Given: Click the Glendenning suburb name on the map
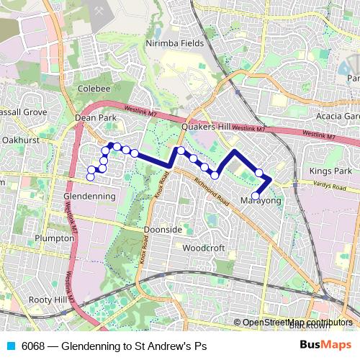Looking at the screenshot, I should (90, 196).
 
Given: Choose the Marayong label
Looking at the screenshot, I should (261, 199).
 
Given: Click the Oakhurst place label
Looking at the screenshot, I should (21, 140).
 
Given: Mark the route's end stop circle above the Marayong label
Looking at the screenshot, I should (256, 194).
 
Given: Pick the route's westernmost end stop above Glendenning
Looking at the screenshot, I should (91, 176).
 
